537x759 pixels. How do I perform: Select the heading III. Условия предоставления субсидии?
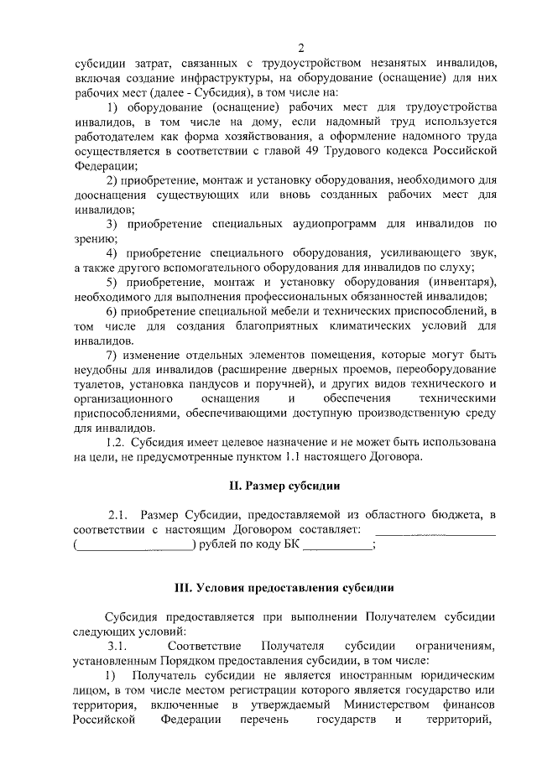[x=284, y=587]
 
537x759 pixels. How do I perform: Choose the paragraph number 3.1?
[x=117, y=646]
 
